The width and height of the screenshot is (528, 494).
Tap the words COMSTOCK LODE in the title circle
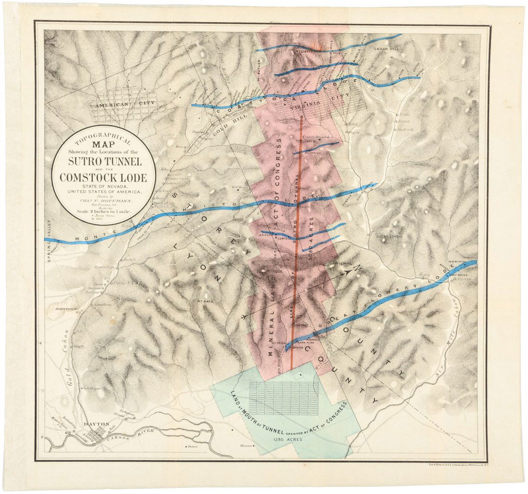pos(104,176)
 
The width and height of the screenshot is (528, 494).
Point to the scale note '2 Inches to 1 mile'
pos(104,212)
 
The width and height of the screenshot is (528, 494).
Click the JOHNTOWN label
pos(66,309)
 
